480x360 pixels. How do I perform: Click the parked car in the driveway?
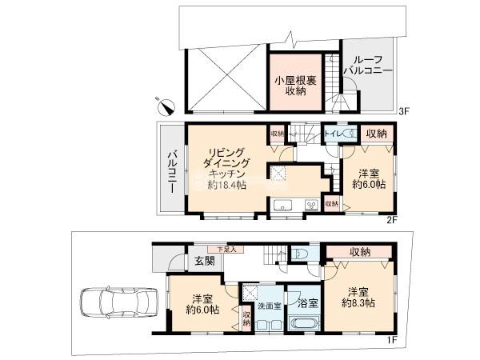114,304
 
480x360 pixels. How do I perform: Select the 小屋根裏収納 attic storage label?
294,86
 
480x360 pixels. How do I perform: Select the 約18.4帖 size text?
225,185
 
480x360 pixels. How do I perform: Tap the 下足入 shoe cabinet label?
218,249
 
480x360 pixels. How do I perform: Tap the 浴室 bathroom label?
307,304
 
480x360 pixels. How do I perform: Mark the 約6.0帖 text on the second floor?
370,185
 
